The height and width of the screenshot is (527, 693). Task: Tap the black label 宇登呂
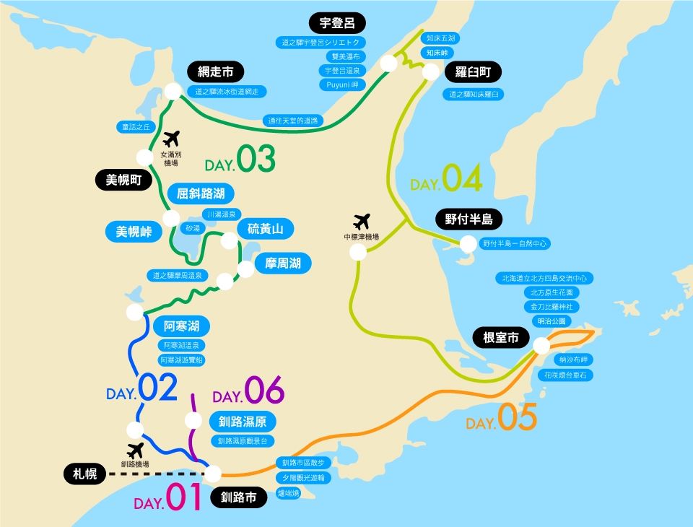(337, 22)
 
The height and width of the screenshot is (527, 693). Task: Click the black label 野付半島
(468, 219)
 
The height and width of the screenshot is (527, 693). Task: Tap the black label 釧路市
(239, 497)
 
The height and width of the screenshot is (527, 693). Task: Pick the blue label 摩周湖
(283, 263)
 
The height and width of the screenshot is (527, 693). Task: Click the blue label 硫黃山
(266, 230)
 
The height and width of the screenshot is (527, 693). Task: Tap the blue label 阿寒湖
(181, 325)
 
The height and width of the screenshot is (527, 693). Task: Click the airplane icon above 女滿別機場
(171, 138)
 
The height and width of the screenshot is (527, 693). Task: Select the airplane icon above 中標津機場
(362, 219)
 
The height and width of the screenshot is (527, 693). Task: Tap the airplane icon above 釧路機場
(135, 450)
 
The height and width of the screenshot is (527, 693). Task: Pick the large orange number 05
(517, 417)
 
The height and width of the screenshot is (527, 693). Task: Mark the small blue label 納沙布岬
(573, 359)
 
